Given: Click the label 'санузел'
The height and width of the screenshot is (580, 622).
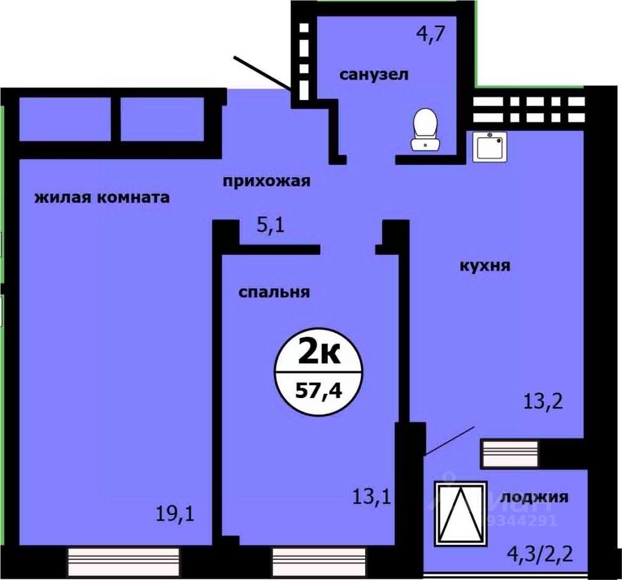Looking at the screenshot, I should [x=374, y=75].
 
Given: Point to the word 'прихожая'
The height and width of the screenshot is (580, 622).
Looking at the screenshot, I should [x=267, y=181].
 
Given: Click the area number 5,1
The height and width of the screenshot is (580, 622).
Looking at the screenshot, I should [x=271, y=226].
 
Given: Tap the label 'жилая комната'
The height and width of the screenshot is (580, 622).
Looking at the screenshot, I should [x=101, y=198].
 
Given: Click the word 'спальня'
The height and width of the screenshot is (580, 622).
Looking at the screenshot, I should [x=274, y=292].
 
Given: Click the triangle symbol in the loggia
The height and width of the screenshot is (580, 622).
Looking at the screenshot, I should [x=461, y=513].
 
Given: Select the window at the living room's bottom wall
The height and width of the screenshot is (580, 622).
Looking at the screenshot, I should [x=123, y=556].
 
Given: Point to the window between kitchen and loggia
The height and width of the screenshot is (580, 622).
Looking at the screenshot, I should [x=510, y=453].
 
